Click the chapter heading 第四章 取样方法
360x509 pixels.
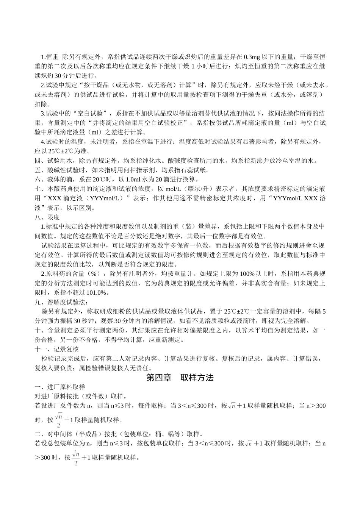click(180, 378)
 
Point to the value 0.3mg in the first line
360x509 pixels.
click(252, 57)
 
